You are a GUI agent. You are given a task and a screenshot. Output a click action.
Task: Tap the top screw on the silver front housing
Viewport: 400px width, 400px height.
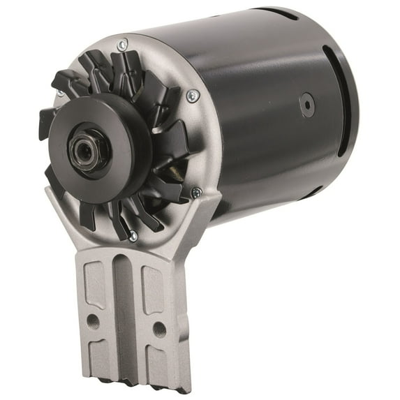coord(123,45)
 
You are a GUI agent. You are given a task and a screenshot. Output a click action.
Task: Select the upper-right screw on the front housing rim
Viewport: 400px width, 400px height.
coord(193,95)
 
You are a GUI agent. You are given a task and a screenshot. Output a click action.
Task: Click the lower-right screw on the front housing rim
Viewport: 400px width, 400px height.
coord(197,191)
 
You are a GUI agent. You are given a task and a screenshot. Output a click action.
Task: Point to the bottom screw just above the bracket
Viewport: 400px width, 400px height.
coord(133,237)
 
